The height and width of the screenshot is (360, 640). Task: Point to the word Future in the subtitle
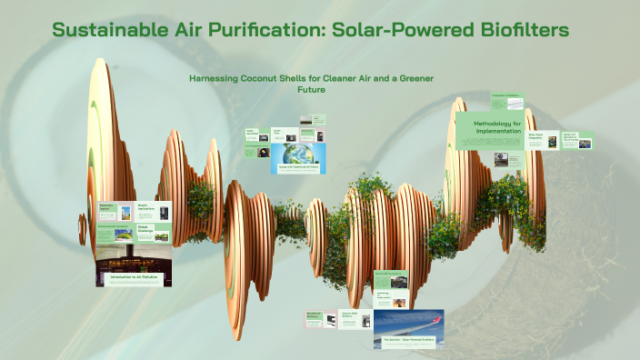coord(311,90)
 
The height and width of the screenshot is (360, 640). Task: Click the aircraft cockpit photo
coord(133,257)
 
